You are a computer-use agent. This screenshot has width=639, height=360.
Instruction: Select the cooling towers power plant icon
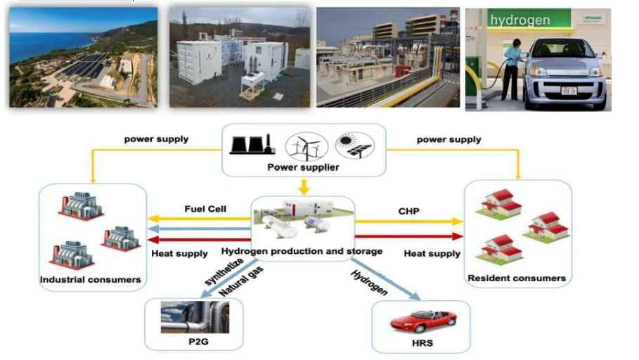point(253,145)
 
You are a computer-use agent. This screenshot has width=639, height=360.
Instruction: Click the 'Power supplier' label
point(303,167)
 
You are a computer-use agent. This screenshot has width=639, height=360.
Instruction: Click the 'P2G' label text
point(193,342)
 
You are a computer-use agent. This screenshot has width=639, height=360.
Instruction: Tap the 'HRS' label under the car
point(422,343)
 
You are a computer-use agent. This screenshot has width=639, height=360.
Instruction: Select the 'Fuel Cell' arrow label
point(205,209)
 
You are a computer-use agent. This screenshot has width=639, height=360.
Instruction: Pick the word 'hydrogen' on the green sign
point(520,20)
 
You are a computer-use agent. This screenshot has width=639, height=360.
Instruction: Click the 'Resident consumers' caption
point(516,278)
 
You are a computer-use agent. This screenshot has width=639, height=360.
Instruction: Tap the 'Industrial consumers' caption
point(91,280)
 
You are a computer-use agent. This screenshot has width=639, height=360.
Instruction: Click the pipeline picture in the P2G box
point(194,318)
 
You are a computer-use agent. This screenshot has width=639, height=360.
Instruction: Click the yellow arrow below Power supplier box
point(303,188)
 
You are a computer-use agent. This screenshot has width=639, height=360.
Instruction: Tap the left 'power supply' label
point(157,139)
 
